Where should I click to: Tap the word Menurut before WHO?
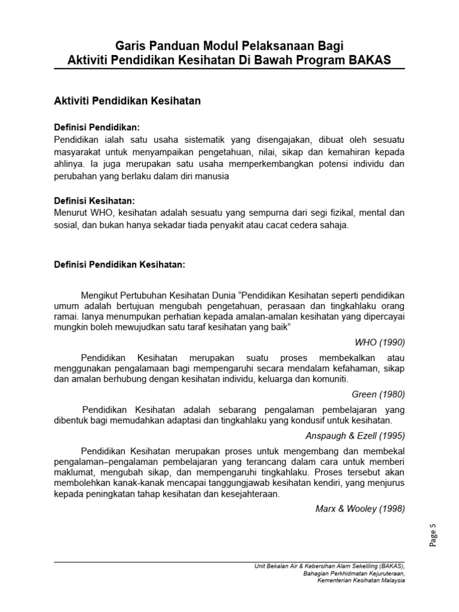point(71,212)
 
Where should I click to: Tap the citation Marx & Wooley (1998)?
point(360,509)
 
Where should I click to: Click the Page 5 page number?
point(434,534)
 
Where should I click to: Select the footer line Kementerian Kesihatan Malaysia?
point(361,580)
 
